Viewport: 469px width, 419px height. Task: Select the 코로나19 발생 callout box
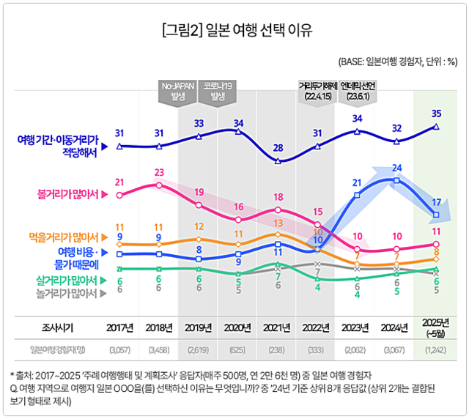[x=219, y=90]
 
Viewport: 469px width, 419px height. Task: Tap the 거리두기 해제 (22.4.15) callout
[x=317, y=90]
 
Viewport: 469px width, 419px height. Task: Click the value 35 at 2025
[x=436, y=114]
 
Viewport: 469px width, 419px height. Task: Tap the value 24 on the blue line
[x=396, y=168]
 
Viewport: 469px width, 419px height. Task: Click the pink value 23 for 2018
[x=160, y=173]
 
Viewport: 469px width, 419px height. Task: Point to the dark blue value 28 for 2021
[x=278, y=148]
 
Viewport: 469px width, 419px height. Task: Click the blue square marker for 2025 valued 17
[x=436, y=215]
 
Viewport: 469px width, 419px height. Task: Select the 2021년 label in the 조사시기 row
[x=278, y=327]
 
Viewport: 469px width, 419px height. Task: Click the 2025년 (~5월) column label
[x=436, y=327]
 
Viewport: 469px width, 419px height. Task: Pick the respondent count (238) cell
[x=278, y=349]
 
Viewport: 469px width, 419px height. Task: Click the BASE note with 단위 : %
[x=397, y=62]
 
